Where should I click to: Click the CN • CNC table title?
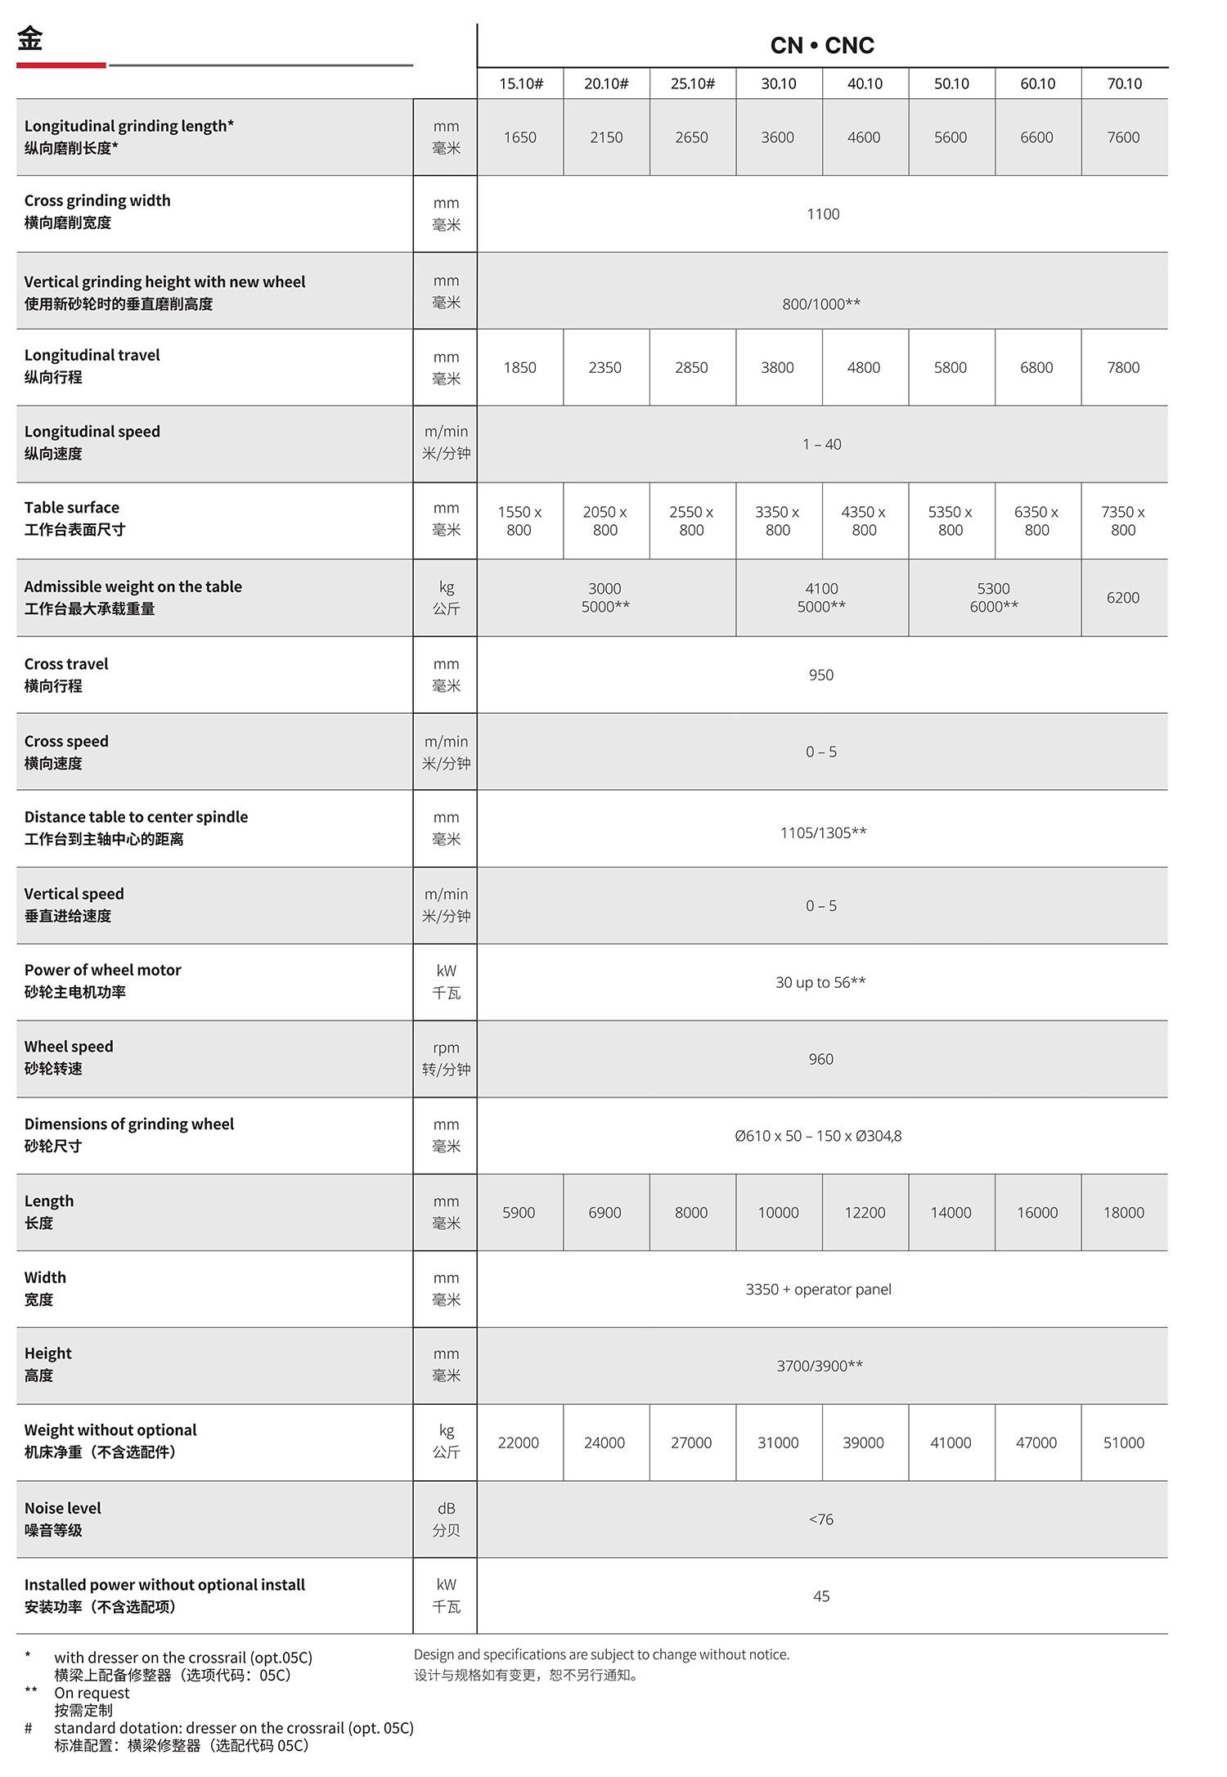coord(822,46)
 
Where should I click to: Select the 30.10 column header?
coord(778,83)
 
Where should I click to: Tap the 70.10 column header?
coord(1124,83)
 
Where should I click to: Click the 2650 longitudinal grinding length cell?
coord(691,137)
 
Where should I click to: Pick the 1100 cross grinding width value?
coord(823,214)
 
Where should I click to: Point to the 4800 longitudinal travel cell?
coord(864,368)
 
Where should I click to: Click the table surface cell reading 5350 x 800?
coord(951,521)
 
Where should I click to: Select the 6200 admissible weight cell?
coord(1123,598)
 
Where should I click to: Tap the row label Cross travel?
coord(66,664)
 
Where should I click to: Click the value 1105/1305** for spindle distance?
coord(823,832)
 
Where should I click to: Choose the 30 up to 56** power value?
coord(820,982)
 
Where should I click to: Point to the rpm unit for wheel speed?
coord(446,1048)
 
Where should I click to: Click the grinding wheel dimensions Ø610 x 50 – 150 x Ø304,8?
coord(818,1136)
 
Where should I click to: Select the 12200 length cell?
coord(865,1213)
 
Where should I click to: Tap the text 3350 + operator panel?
coord(818,1290)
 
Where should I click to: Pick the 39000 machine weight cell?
coord(864,1443)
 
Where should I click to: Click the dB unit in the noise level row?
coord(446,1508)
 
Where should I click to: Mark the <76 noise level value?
coord(821,1519)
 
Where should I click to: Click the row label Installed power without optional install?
coord(164,1585)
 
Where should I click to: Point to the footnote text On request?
coord(92,1693)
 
